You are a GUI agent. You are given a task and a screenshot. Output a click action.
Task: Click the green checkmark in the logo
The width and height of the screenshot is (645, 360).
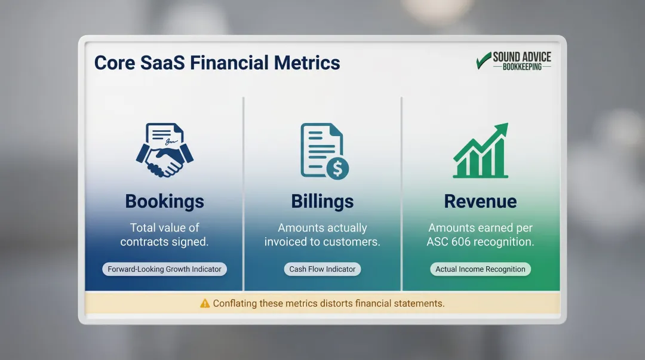click(483, 60)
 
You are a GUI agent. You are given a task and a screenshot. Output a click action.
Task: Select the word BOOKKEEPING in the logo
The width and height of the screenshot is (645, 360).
click(522, 67)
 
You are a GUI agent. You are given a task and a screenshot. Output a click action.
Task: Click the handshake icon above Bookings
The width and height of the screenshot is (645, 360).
click(165, 159)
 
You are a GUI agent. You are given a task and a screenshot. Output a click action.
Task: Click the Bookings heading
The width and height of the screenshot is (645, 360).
click(164, 201)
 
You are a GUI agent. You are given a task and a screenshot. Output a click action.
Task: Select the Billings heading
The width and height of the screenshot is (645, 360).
click(322, 201)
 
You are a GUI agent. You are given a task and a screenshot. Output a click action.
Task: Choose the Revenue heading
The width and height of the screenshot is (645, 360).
click(480, 201)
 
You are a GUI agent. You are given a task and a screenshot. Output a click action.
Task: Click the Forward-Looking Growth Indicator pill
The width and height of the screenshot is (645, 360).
click(164, 269)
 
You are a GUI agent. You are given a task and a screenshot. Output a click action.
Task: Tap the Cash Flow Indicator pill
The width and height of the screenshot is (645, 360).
click(322, 269)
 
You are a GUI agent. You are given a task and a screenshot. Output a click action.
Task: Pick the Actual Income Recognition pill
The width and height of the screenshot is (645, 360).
click(480, 269)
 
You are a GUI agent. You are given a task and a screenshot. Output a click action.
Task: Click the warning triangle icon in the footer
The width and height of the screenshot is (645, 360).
click(205, 303)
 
